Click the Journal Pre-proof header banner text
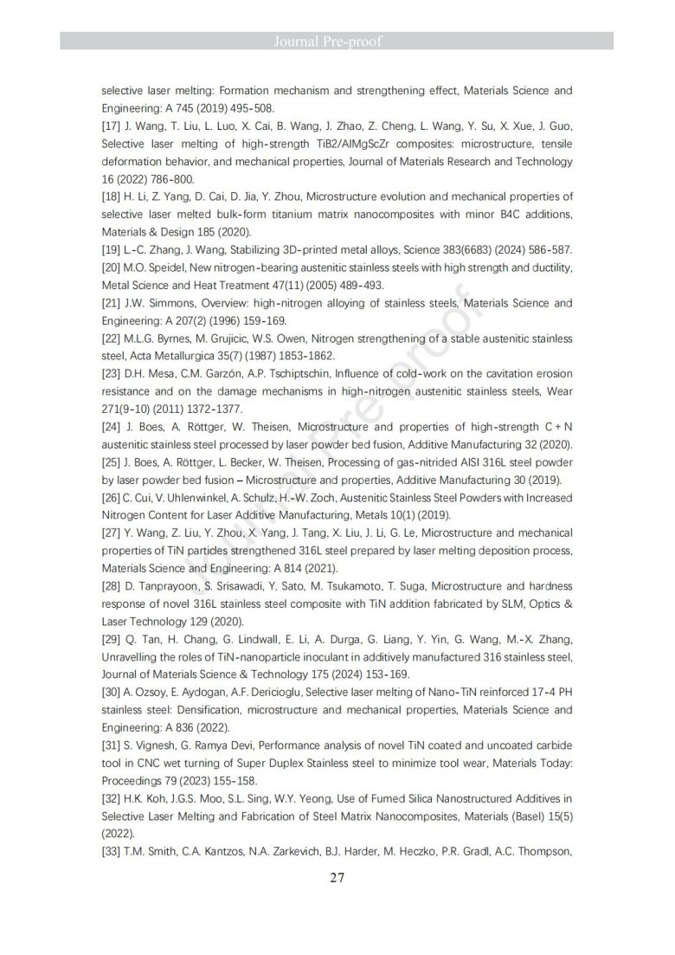pos(337,41)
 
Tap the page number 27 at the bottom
pos(337,877)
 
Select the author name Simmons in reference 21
pos(157,304)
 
